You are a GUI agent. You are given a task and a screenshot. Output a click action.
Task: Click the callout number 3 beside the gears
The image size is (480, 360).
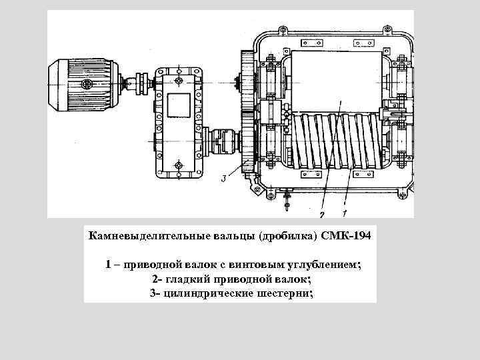pyautogui.click(x=224, y=178)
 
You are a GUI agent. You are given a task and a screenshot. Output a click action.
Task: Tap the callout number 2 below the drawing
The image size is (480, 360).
pyautogui.click(x=322, y=215)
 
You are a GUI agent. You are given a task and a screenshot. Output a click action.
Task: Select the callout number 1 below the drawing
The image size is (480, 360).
pyautogui.click(x=344, y=215)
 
